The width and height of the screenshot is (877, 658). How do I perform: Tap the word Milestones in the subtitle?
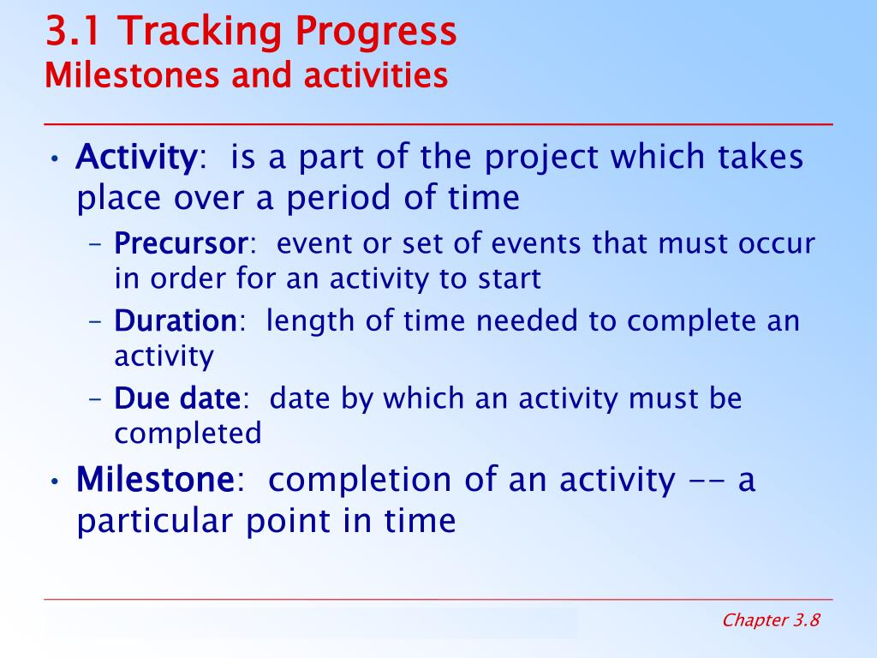132,75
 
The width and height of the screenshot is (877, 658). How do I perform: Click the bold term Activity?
136,159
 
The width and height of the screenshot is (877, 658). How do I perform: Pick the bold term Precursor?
181,244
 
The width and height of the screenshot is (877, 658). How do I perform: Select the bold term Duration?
176,321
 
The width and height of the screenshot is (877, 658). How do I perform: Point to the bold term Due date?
177,398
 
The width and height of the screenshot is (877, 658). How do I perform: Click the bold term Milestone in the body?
155,480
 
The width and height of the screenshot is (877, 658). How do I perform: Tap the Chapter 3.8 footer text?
771,620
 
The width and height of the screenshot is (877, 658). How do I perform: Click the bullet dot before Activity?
54,159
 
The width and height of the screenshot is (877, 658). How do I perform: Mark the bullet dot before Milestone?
54,482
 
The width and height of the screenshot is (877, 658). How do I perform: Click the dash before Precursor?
96,244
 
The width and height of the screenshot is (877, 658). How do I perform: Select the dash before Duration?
96,322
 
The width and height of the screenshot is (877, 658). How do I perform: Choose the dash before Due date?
96,399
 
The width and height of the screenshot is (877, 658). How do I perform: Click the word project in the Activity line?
541,159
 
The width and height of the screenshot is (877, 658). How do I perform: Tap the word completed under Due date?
188,434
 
